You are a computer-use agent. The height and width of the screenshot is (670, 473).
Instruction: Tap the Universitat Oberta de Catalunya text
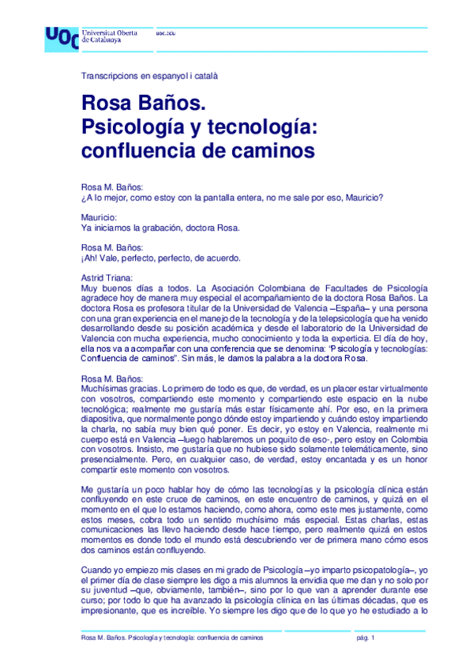click(110, 35)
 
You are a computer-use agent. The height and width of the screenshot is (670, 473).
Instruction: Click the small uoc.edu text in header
click(165, 33)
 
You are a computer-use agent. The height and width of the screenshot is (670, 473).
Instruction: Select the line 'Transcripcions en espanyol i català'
click(149, 77)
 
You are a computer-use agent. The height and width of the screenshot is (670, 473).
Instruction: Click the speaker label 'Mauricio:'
click(99, 216)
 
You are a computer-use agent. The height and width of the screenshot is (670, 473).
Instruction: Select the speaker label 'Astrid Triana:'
click(107, 277)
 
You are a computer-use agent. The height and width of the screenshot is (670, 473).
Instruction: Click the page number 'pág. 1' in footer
click(368, 637)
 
